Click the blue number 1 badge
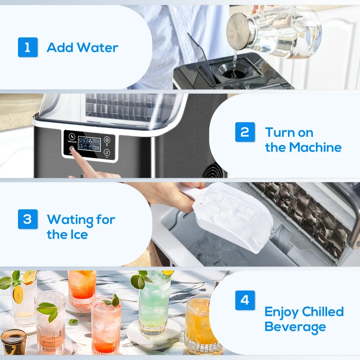[x=28, y=47]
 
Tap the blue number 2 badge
[x=245, y=132]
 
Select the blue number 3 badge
[x=28, y=219]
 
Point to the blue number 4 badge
[x=245, y=300]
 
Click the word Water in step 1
[x=98, y=48]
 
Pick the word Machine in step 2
[x=315, y=147]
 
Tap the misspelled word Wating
[x=70, y=220]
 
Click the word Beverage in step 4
[x=295, y=327]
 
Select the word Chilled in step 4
[x=323, y=311]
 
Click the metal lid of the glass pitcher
[x=238, y=31]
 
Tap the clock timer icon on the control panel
[x=72, y=136]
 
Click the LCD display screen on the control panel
[x=89, y=144]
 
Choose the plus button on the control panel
[x=107, y=140]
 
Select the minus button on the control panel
[x=107, y=153]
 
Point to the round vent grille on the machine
[x=213, y=171]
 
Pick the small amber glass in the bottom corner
[x=13, y=342]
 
